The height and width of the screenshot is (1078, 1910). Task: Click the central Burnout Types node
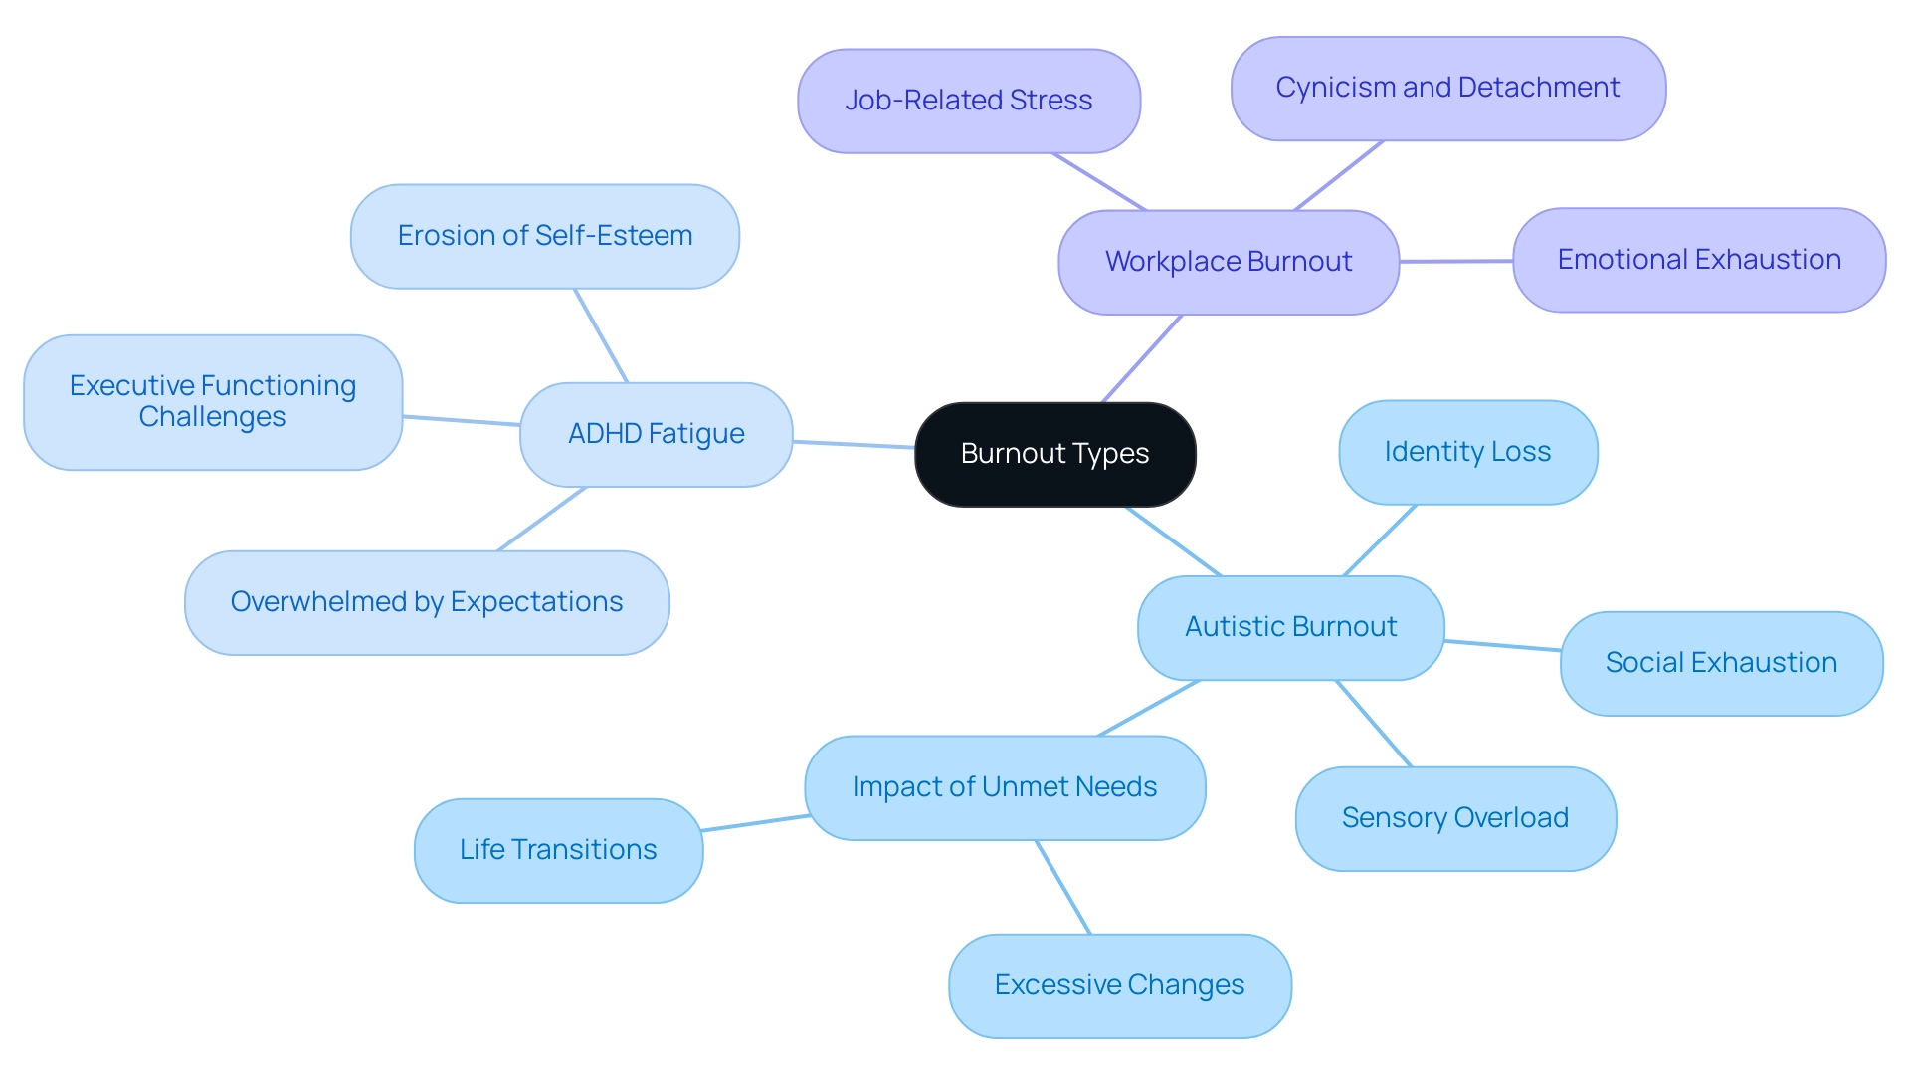[1054, 454]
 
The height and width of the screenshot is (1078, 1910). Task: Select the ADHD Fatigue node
[656, 434]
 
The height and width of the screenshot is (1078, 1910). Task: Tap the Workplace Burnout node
[1228, 262]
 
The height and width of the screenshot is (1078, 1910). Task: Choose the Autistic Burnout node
[1290, 627]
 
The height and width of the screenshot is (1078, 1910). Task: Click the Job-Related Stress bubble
[968, 101]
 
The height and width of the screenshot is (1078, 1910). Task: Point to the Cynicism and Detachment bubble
[1447, 88]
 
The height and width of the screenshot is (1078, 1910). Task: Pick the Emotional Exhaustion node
[1698, 260]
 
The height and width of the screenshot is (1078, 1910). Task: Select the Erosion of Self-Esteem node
[544, 236]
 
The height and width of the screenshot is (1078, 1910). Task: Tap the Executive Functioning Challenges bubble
[212, 401]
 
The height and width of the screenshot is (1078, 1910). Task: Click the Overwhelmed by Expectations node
[426, 602]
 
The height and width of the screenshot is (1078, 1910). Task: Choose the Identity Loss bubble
[1467, 452]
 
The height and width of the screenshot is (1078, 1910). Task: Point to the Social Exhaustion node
[1720, 663]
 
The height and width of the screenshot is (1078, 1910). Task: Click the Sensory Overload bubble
[1454, 818]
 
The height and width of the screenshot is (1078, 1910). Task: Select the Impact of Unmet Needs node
[1004, 787]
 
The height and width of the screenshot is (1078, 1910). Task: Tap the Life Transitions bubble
[557, 850]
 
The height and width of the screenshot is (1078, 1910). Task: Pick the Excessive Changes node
[1119, 985]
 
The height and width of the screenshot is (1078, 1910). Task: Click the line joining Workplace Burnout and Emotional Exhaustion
[1455, 261]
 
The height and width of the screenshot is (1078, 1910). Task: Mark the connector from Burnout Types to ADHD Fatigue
[854, 444]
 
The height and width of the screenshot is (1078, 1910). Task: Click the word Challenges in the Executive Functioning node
[212, 417]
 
